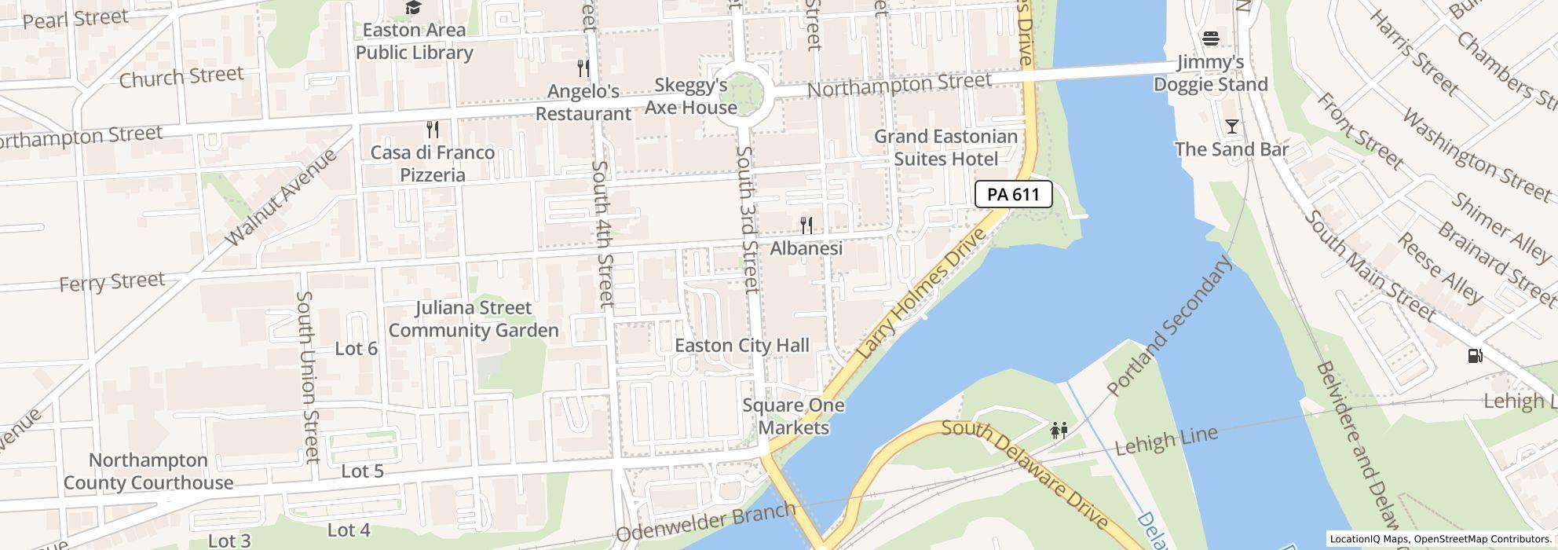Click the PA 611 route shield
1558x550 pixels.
[x=1013, y=194]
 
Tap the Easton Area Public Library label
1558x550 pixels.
[x=414, y=41]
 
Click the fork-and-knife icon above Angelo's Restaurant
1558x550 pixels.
[x=583, y=68]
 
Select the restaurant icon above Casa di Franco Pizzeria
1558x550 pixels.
[x=432, y=130]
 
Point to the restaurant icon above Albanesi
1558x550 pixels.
[x=806, y=226]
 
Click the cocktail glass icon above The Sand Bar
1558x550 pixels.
[x=1231, y=126]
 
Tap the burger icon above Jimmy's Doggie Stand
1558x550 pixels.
[x=1210, y=38]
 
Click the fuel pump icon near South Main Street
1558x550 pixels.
[x=1475, y=356]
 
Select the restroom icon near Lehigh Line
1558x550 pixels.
[x=1059, y=431]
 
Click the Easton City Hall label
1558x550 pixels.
[x=741, y=346]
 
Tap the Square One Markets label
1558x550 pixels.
[x=793, y=416]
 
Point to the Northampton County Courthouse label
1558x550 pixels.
[x=148, y=471]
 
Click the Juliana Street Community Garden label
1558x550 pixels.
[x=474, y=319]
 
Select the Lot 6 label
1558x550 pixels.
[x=356, y=349]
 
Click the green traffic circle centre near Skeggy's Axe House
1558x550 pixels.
[x=739, y=94]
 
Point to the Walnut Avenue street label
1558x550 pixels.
[x=280, y=196]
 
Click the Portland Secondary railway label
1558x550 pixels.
[x=1169, y=326]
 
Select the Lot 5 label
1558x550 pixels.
[x=362, y=471]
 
